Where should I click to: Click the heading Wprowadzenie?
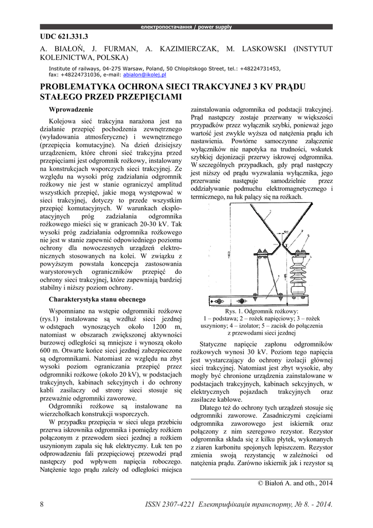71,109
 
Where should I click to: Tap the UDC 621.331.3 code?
64,36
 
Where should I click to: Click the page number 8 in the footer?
41,504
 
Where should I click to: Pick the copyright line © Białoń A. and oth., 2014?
295,483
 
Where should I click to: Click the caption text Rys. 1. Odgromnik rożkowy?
262,312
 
